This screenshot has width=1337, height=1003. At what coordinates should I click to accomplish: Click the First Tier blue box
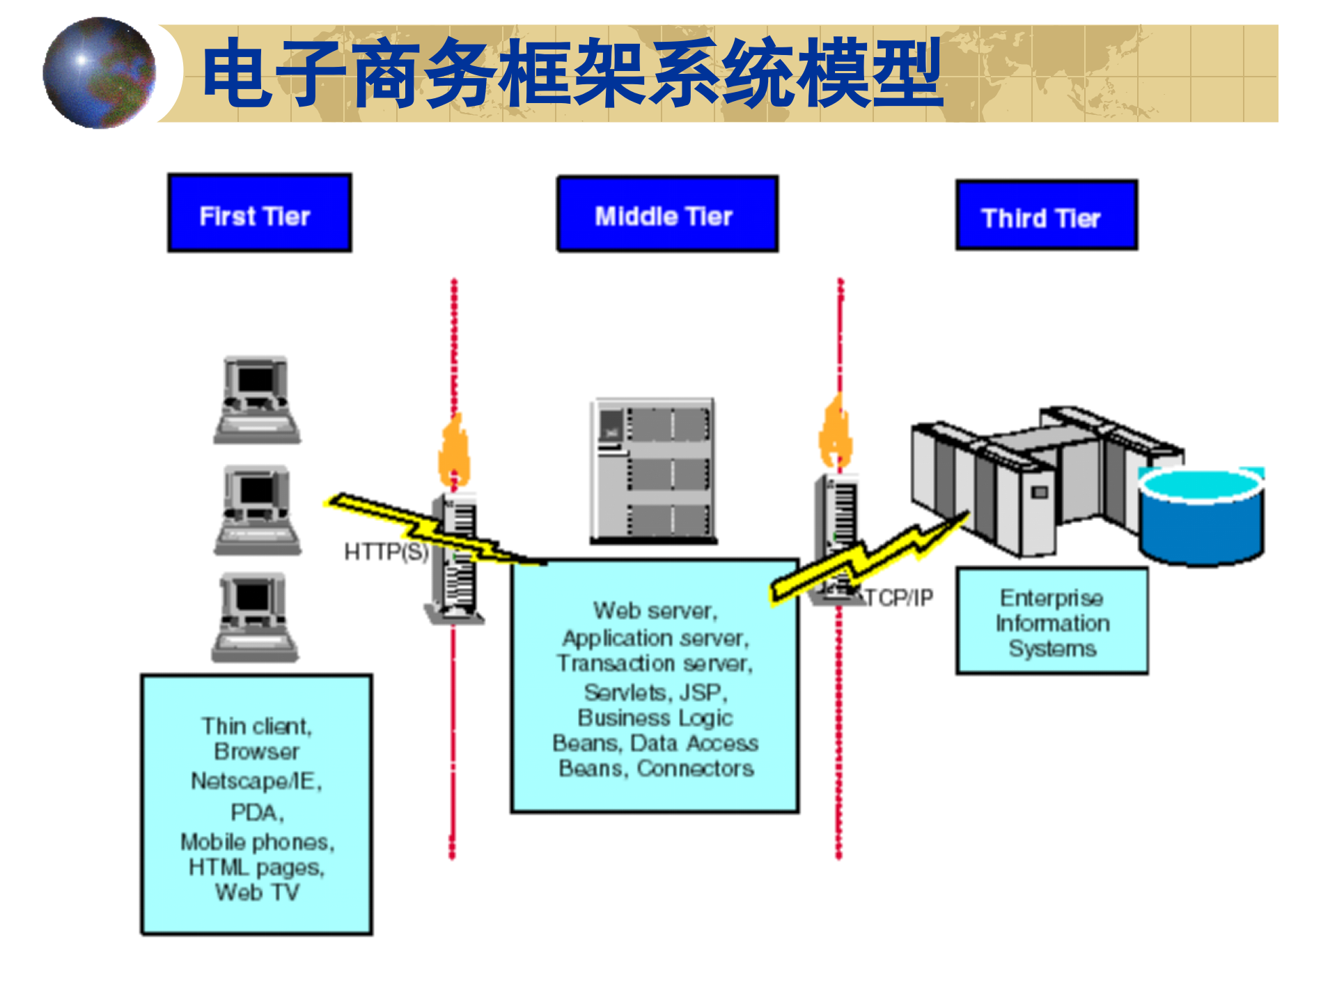click(x=260, y=213)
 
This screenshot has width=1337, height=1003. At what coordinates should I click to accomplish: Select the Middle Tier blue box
click(x=667, y=214)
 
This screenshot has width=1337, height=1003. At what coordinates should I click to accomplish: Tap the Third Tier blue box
click(x=1047, y=215)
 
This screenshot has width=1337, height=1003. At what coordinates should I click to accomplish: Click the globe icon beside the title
click(x=99, y=73)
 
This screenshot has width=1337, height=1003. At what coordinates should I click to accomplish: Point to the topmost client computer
click(x=257, y=400)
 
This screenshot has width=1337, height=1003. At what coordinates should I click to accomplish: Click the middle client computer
click(x=257, y=510)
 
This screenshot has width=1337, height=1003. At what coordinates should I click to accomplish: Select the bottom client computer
click(x=256, y=617)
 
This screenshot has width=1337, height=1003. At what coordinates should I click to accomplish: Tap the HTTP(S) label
click(x=386, y=552)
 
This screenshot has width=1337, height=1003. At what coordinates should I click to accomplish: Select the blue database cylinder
click(x=1201, y=515)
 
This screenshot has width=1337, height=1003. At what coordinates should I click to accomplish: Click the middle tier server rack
click(x=653, y=470)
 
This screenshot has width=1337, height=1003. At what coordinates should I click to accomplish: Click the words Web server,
click(x=655, y=611)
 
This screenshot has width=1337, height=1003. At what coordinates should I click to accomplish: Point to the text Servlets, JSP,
click(x=655, y=692)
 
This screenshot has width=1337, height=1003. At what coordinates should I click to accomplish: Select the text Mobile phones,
click(x=257, y=842)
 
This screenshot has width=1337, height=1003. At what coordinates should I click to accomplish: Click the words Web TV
click(x=257, y=892)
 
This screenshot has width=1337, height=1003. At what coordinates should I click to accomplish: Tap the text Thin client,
click(x=257, y=726)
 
